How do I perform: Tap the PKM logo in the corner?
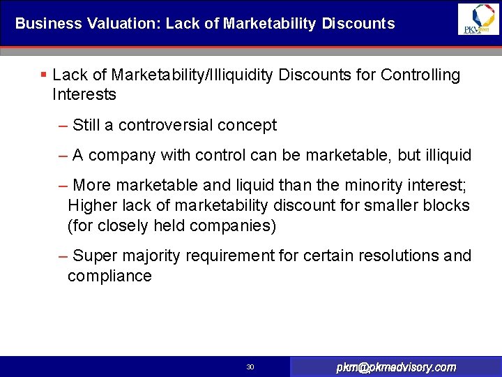pyautogui.click(x=478, y=19)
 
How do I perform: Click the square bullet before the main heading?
pyautogui.click(x=43, y=75)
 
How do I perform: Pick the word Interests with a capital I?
pyautogui.click(x=84, y=94)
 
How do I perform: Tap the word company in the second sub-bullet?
pyautogui.click(x=122, y=155)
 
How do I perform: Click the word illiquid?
pyautogui.click(x=443, y=155)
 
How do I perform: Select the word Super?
pyautogui.click(x=94, y=256)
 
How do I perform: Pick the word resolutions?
pyautogui.click(x=399, y=256)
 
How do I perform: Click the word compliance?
pyautogui.click(x=109, y=276)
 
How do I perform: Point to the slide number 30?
pyautogui.click(x=251, y=367)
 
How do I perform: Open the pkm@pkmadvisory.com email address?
pyautogui.click(x=396, y=367)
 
